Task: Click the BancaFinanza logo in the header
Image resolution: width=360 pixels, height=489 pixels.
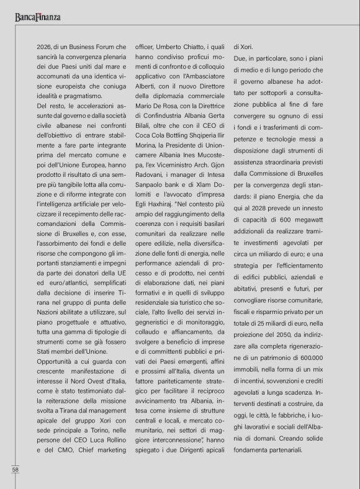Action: (x=38, y=17)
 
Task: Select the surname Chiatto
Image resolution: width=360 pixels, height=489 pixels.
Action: (x=194, y=47)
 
